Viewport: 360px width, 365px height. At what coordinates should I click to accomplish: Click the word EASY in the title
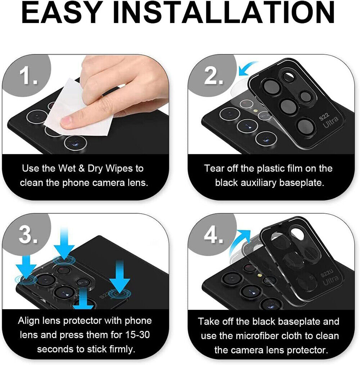coord(62,13)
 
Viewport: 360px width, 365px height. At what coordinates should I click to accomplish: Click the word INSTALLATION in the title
coord(224,13)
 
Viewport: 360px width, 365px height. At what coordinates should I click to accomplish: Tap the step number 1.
coord(28,76)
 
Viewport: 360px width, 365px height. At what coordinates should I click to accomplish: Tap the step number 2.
coord(213,76)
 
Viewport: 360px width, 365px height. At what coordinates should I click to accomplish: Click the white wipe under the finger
coord(77,110)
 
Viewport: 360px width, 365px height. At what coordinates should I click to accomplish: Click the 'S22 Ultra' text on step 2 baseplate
coord(328,121)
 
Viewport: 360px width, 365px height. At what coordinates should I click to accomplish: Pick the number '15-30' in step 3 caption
coord(138,334)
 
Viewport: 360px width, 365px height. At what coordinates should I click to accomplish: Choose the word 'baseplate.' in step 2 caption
coord(302,183)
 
